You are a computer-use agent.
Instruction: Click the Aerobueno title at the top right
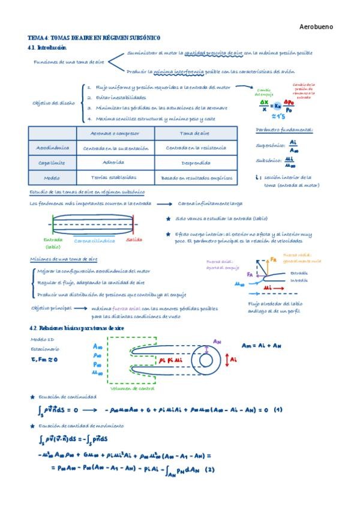[x=316, y=27]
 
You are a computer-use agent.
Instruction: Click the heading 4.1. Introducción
[x=47, y=47]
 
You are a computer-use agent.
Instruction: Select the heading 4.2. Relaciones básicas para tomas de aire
[x=76, y=328]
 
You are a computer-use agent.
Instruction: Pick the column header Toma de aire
[x=195, y=133]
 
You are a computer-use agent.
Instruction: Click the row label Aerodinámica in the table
[x=53, y=148]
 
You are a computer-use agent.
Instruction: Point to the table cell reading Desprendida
[x=196, y=163]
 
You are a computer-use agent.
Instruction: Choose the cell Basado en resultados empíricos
[x=196, y=178]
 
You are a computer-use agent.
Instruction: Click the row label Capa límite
[x=53, y=163]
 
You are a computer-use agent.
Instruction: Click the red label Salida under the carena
[x=134, y=239]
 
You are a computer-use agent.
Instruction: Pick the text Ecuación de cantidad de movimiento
[x=81, y=426]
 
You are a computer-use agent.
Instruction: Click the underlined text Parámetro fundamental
[x=284, y=130]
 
